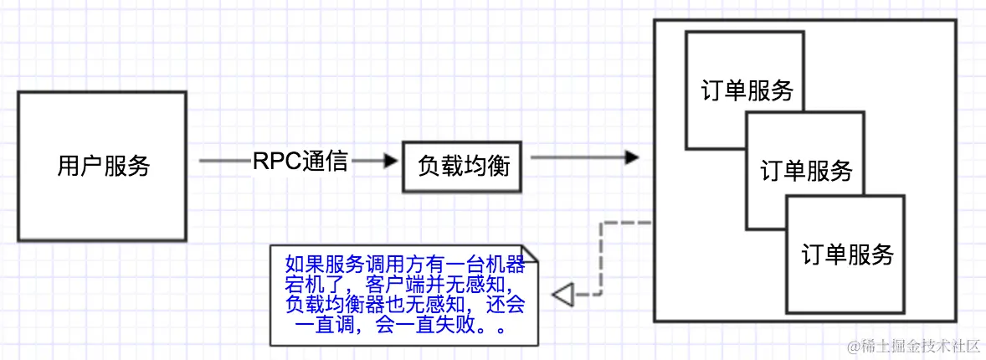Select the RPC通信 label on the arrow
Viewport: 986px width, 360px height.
point(300,161)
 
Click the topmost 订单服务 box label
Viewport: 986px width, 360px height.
point(747,90)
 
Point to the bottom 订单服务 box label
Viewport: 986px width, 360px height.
point(847,254)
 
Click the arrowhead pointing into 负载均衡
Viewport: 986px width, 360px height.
point(389,162)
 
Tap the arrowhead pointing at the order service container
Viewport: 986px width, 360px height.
point(631,158)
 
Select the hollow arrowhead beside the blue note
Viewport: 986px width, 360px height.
point(562,294)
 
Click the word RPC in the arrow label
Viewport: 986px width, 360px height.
point(271,161)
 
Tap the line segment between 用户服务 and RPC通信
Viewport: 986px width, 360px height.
point(224,162)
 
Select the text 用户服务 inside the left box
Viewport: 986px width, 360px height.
point(103,166)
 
